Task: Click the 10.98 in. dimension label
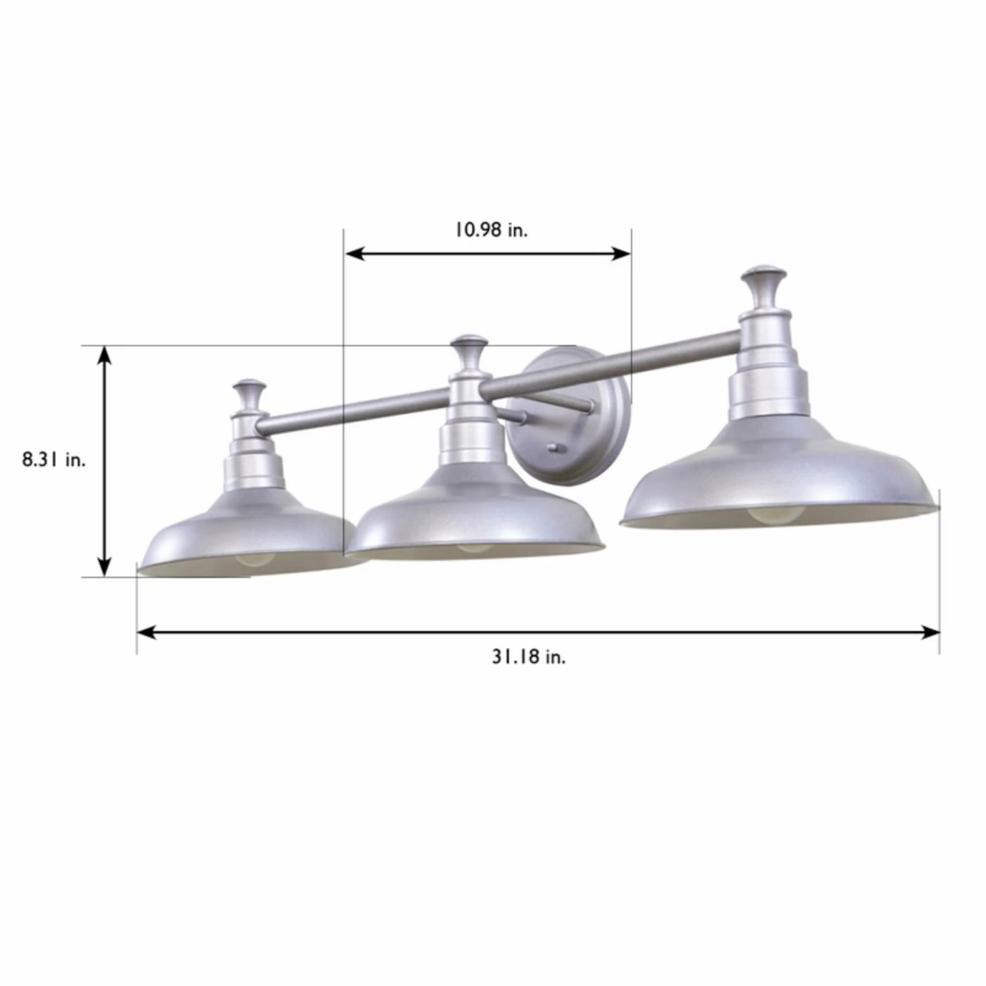point(491,230)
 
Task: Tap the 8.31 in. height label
point(54,460)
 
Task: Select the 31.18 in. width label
point(529,658)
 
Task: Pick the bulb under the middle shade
point(474,547)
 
